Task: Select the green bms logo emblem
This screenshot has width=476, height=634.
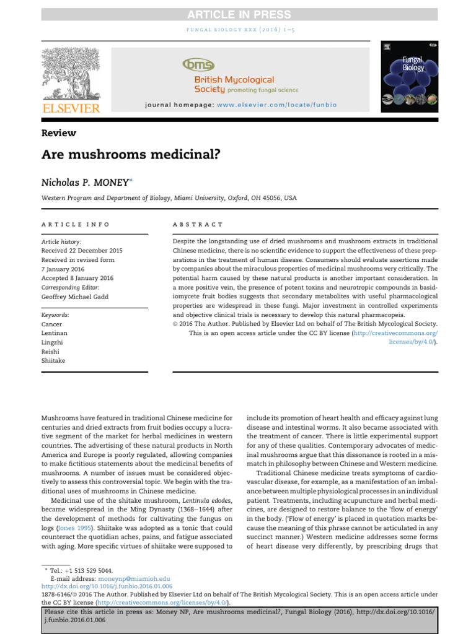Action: pyautogui.click(x=198, y=65)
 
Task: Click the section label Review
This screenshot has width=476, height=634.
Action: pyautogui.click(x=58, y=133)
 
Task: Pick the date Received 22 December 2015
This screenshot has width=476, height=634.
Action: pyautogui.click(x=82, y=250)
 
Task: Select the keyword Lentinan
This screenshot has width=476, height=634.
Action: pyautogui.click(x=54, y=333)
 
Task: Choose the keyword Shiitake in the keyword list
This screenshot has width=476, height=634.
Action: pyautogui.click(x=53, y=360)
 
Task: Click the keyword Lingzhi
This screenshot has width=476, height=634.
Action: pyautogui.click(x=53, y=342)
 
